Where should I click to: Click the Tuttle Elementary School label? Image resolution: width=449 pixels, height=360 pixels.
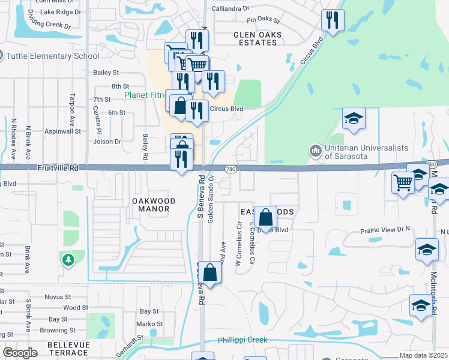tap(53, 56)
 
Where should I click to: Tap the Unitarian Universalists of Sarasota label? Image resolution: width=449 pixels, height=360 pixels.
tap(366, 152)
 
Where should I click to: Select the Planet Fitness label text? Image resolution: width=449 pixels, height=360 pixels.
tap(147, 95)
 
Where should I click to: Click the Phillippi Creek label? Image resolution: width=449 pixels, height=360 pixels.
tap(243, 340)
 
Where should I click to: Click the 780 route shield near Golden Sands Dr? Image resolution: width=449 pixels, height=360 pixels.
tap(231, 170)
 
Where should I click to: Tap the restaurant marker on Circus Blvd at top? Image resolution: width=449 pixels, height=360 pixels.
tap(330, 21)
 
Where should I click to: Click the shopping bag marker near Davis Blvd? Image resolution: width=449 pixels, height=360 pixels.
tap(265, 217)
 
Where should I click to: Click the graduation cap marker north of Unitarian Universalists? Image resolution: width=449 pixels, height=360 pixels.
tap(354, 118)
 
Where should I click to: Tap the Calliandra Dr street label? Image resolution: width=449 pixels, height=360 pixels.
tap(230, 8)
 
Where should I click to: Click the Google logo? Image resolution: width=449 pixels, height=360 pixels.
tap(20, 353)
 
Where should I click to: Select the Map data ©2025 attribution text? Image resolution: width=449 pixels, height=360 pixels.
tap(423, 355)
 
